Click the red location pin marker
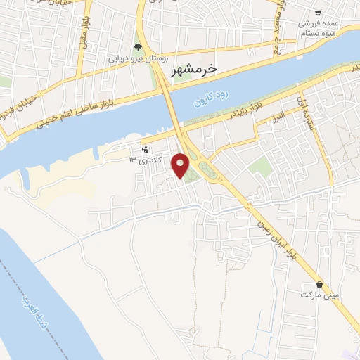(181, 166)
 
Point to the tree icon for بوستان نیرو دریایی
(138, 48)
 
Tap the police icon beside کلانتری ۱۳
(145, 148)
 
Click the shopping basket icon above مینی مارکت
(320, 285)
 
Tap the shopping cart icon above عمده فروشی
(318, 13)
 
